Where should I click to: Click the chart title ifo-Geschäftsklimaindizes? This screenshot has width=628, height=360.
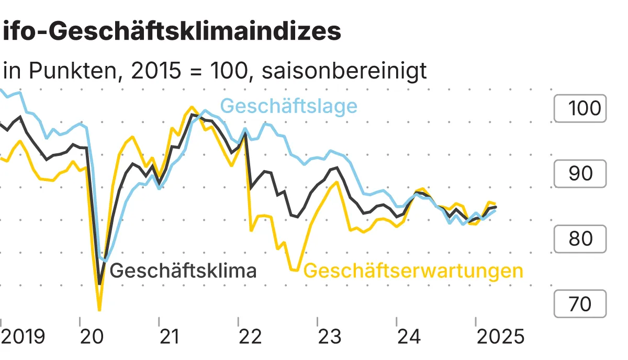click(172, 32)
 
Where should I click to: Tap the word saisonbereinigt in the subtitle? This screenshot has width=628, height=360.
click(344, 71)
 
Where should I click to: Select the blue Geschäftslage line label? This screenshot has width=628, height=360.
click(289, 106)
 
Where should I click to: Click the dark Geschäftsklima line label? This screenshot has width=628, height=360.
click(183, 271)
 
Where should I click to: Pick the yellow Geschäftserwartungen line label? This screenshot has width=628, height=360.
click(413, 271)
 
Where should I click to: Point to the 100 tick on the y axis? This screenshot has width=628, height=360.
click(580, 108)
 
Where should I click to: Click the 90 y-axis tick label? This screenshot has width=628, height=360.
click(580, 174)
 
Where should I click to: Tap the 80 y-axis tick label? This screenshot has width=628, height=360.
click(580, 239)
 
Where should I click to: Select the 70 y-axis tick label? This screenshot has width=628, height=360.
click(580, 303)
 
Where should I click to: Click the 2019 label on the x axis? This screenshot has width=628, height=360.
click(24, 336)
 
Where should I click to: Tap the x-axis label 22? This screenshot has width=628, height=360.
click(250, 336)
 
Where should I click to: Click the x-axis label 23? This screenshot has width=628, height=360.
click(329, 336)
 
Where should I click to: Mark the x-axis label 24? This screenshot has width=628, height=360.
click(408, 336)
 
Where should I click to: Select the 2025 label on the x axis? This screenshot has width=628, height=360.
click(500, 336)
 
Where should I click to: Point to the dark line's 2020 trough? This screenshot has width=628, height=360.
click(100, 284)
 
